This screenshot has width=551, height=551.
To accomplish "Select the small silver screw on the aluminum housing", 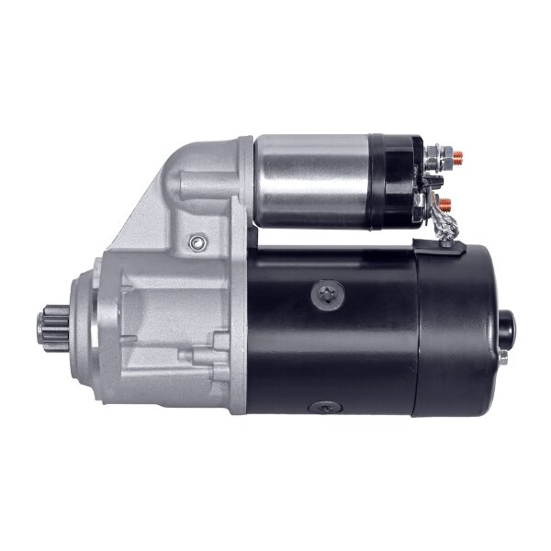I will (195, 242).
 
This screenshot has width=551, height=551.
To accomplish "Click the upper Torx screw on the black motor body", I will (328, 295).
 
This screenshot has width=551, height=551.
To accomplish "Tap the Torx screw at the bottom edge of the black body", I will (326, 407).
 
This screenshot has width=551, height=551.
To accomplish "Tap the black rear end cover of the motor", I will (459, 331).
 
